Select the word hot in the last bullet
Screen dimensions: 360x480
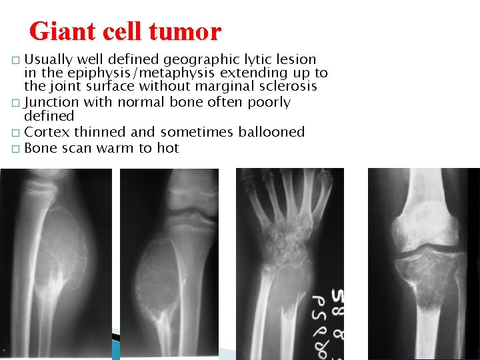click(x=168, y=148)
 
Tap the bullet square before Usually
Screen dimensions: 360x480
click(x=15, y=61)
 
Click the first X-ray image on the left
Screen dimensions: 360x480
click(x=56, y=263)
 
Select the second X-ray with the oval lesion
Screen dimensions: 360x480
click(x=169, y=263)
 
